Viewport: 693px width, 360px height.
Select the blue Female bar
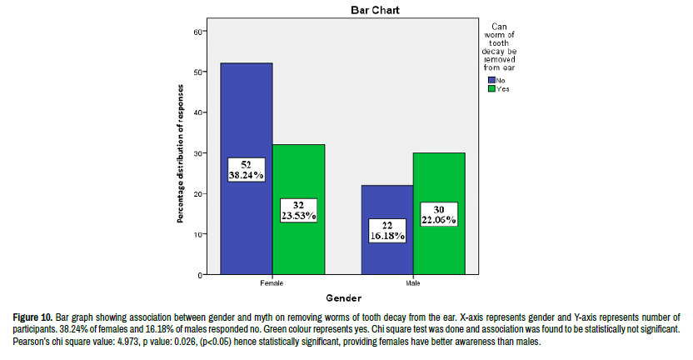(x=246, y=117)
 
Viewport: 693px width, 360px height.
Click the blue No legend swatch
(x=491, y=80)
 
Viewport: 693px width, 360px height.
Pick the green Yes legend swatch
(x=491, y=88)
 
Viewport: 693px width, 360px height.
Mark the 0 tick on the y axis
(x=200, y=274)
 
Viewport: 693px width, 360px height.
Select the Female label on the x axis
(x=272, y=283)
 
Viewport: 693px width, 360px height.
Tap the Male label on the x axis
(x=412, y=283)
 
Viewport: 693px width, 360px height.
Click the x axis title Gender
(x=342, y=298)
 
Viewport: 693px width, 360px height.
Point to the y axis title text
(x=181, y=152)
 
